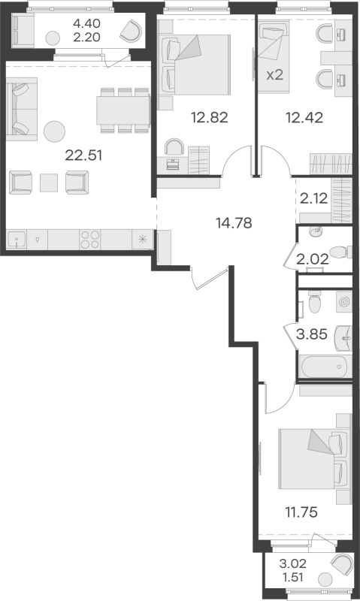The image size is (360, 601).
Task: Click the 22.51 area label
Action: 83,156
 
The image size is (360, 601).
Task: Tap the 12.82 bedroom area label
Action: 210,117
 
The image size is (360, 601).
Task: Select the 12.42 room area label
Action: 304,117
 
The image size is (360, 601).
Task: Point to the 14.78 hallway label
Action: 234,222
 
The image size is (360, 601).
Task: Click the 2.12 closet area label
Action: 314,198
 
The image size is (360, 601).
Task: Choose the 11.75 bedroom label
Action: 301,512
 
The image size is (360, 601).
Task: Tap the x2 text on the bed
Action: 275,74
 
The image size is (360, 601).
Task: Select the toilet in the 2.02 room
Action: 339,252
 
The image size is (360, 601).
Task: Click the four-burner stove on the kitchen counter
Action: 89,240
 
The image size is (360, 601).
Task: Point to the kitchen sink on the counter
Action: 17,240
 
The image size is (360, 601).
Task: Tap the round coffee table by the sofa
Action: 54,131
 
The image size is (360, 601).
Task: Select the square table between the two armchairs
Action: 49,183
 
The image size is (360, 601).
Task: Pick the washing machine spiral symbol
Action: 344,302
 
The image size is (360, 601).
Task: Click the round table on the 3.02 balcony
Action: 325,578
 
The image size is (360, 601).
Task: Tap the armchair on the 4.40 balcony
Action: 131,31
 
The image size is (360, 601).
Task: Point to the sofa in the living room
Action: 22,109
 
